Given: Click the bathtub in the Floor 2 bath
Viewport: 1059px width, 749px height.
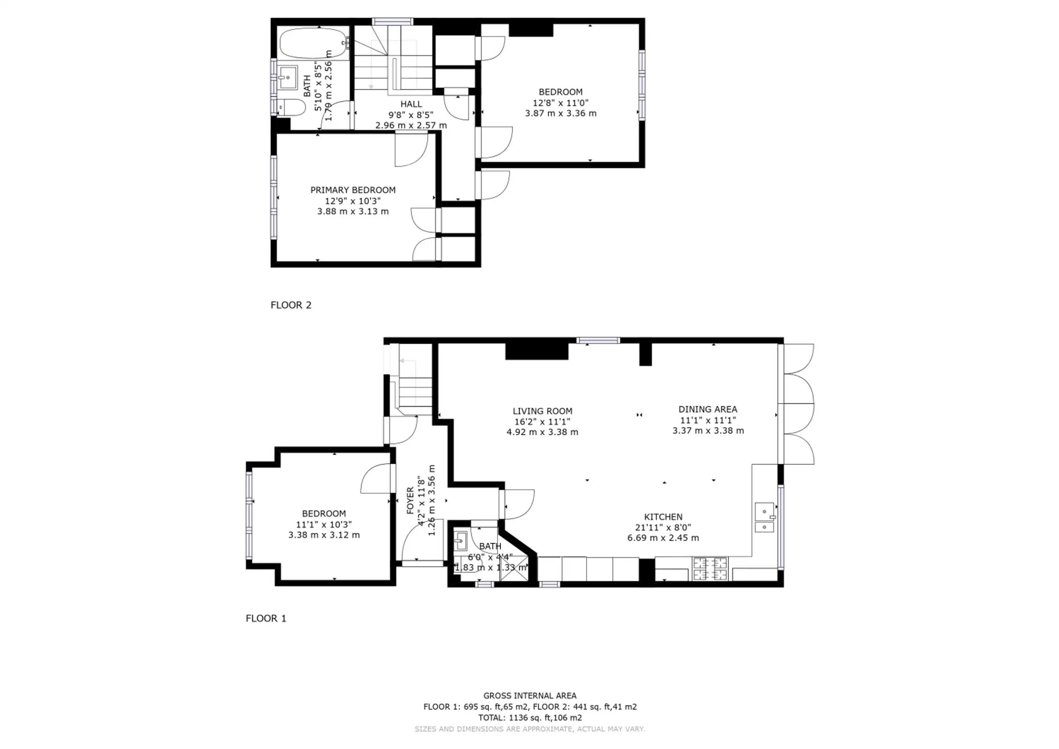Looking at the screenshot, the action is point(314,43).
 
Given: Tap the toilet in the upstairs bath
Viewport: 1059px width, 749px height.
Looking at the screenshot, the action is point(291,108).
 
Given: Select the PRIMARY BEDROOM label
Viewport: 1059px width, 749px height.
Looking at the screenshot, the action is point(353,190).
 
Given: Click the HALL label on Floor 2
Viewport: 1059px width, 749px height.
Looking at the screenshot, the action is point(411,104).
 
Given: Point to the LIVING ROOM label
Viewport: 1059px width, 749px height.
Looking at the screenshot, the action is point(542,411).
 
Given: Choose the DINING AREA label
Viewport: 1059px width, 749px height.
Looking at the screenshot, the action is point(707,409).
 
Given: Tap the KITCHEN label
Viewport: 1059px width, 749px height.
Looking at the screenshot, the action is point(663,517).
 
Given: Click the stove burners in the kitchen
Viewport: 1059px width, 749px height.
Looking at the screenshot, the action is point(710,569).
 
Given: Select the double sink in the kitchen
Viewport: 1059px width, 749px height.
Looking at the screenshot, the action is point(764,517).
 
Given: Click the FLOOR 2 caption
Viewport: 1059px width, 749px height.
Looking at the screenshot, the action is point(291,305).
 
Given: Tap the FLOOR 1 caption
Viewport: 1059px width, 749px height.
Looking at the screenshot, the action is point(266,618).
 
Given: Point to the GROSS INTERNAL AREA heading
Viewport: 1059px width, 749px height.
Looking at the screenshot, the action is point(530,696).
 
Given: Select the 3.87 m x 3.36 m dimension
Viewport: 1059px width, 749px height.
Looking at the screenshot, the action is point(561,113).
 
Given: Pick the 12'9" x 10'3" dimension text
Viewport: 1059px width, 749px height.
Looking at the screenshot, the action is point(353,201).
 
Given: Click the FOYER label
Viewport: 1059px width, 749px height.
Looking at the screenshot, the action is point(410,500).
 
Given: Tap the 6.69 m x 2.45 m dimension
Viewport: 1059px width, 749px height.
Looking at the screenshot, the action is point(663,538).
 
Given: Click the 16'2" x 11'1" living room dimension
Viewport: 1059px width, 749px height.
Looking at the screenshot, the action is point(542,421).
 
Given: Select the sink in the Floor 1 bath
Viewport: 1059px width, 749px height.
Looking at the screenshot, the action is point(460,541).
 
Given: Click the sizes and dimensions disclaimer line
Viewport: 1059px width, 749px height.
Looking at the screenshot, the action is point(530,729).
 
